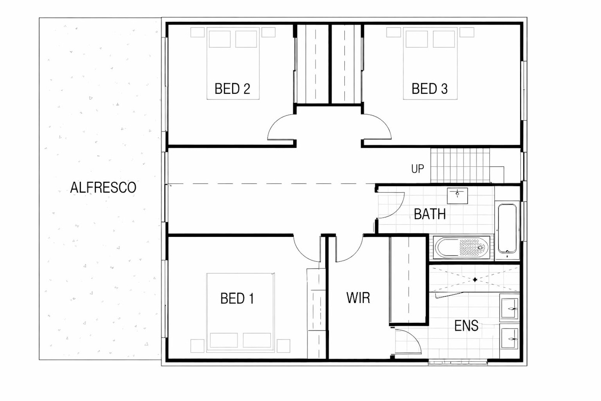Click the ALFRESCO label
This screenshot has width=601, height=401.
click(103, 187)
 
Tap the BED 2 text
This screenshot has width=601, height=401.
click(232, 89)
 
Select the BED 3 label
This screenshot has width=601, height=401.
click(430, 89)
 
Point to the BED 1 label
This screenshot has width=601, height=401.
click(237, 298)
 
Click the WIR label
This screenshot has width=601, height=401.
click(358, 297)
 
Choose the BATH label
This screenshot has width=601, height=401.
click(430, 214)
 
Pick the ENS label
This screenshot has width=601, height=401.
click(466, 326)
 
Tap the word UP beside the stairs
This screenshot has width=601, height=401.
click(417, 168)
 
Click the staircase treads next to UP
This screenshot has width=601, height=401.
click(460, 165)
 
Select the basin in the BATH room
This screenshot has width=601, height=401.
click(457, 196)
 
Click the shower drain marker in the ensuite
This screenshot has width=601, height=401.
click(475, 280)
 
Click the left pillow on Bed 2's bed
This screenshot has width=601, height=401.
click(219, 39)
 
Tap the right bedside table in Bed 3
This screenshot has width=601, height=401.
click(467, 32)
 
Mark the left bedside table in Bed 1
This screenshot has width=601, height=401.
click(197, 346)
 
